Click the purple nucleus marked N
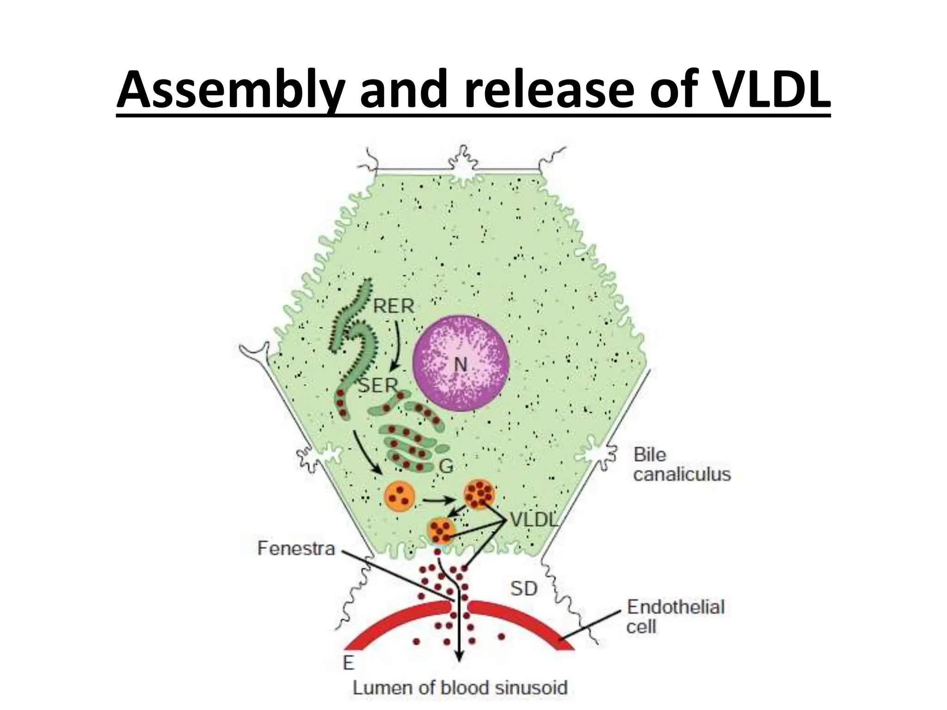pyautogui.click(x=461, y=364)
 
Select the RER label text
pyautogui.click(x=394, y=306)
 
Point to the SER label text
pyautogui.click(x=378, y=385)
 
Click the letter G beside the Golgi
pyautogui.click(x=446, y=466)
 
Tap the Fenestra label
pyautogui.click(x=296, y=549)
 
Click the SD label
pyautogui.click(x=524, y=589)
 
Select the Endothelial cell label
pyautogui.click(x=675, y=617)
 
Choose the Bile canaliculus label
pyautogui.click(x=682, y=465)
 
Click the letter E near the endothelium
pyautogui.click(x=348, y=664)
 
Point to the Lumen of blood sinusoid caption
pyautogui.click(x=460, y=687)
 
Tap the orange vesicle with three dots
pyautogui.click(x=400, y=496)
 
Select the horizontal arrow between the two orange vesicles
pyautogui.click(x=439, y=500)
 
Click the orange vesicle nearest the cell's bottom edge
pyautogui.click(x=442, y=531)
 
